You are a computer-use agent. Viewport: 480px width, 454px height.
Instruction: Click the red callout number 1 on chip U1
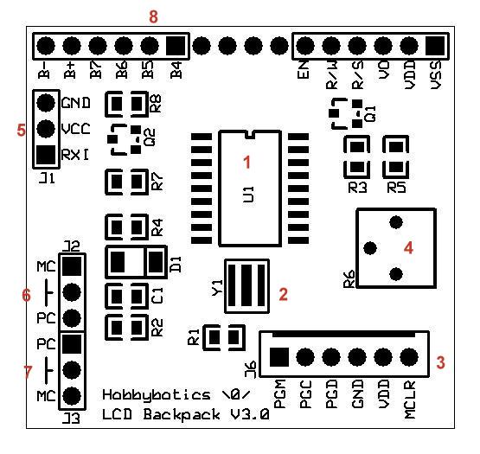[246, 162]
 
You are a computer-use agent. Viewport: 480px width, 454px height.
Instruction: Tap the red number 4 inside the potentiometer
[408, 247]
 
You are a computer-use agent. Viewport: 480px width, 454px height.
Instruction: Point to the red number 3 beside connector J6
[441, 362]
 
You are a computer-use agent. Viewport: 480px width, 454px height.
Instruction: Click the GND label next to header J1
[75, 103]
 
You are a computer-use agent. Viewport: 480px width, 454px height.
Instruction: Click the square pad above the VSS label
[435, 45]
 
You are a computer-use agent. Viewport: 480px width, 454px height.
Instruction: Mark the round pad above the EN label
[305, 45]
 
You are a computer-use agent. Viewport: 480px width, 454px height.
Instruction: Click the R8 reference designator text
[156, 106]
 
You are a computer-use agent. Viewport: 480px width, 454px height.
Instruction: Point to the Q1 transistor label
[369, 113]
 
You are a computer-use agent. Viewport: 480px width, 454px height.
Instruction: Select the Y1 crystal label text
[217, 285]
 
